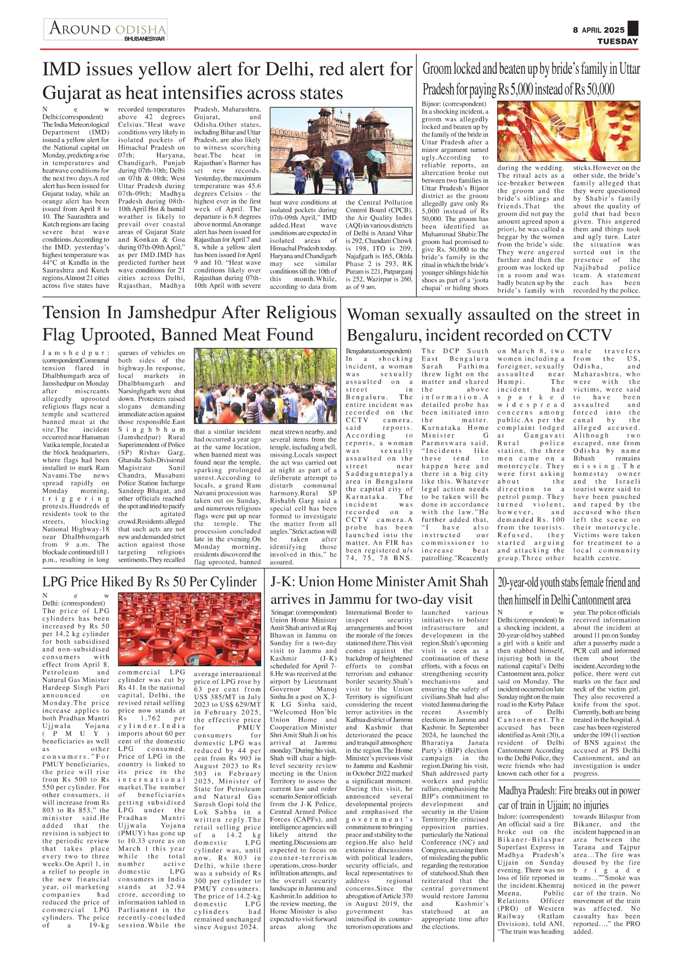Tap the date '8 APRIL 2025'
click(599, 30)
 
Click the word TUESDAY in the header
click(617, 42)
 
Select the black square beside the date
click(633, 28)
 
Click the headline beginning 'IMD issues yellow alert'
click(227, 81)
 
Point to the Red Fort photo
click(341, 152)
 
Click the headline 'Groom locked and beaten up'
click(531, 79)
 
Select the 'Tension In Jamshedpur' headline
click(189, 323)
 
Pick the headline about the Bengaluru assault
click(493, 324)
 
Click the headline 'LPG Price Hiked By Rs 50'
click(149, 581)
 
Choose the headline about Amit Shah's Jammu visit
click(379, 590)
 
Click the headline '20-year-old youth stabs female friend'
click(568, 591)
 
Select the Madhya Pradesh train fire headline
click(568, 798)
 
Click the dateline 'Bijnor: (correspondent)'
click(453, 104)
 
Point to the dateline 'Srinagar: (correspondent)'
click(304, 612)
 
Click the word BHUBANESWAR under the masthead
click(145, 39)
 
